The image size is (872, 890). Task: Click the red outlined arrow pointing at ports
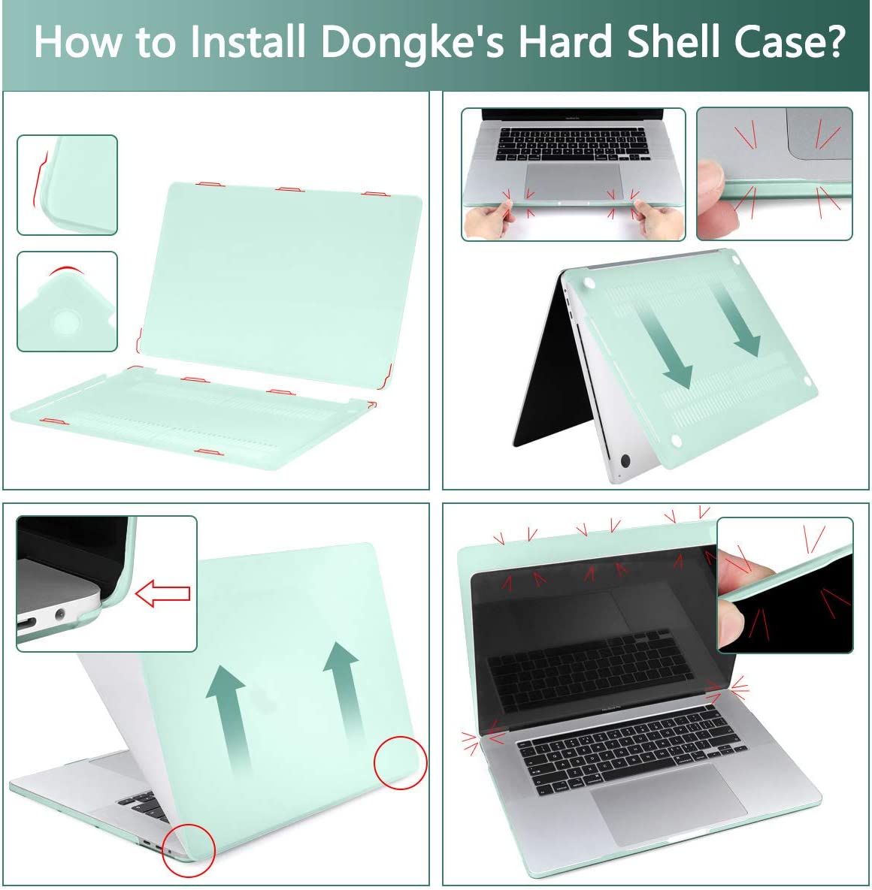[x=162, y=593]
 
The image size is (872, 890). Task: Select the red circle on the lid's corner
[x=400, y=762]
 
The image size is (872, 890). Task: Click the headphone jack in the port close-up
[x=59, y=619]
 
